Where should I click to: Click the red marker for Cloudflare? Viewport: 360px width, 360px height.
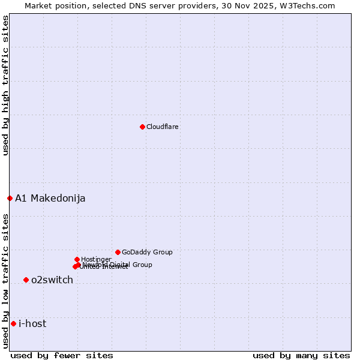[x=142, y=127]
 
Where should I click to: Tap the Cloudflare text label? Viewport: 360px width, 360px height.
[x=163, y=127]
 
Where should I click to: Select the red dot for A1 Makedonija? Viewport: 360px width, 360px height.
[x=10, y=198]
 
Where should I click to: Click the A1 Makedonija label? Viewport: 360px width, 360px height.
[x=50, y=199]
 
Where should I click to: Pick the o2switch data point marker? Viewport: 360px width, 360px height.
[x=26, y=280]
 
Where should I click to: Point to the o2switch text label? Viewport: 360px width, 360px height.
[x=52, y=280]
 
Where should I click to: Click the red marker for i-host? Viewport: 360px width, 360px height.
[x=13, y=323]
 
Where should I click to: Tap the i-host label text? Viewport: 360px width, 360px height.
[x=32, y=324]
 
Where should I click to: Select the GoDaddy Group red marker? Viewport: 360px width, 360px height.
[x=118, y=252]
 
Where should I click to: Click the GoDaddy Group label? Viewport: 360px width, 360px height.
[x=147, y=252]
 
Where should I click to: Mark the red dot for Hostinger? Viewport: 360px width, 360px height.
[x=77, y=259]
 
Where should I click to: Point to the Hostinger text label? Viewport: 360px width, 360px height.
[x=96, y=259]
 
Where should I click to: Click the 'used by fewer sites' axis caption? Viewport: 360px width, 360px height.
[x=62, y=355]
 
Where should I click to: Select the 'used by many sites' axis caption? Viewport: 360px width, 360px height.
[x=301, y=355]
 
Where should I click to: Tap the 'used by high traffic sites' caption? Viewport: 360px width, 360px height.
[x=5, y=85]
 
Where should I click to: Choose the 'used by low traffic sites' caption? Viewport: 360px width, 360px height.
[x=5, y=280]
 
